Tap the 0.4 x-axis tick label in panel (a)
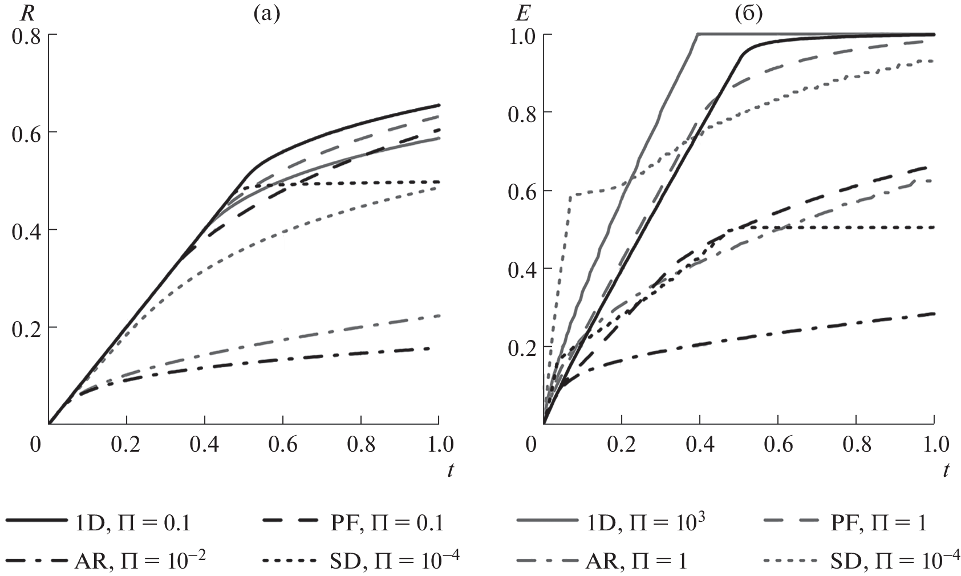click(x=204, y=444)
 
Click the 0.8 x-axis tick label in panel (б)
click(x=855, y=444)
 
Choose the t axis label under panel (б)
click(x=946, y=470)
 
